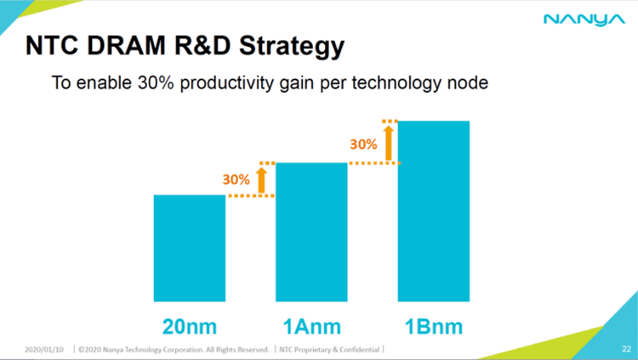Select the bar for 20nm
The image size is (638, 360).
pyautogui.click(x=189, y=247)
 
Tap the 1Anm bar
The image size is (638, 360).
pyautogui.click(x=311, y=231)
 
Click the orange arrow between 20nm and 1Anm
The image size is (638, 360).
pyautogui.click(x=261, y=179)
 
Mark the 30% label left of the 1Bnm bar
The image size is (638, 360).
pyautogui.click(x=363, y=144)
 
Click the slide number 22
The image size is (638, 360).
pyautogui.click(x=625, y=348)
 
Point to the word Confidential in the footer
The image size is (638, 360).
pyautogui.click(x=358, y=348)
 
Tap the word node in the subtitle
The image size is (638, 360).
pyautogui.click(x=470, y=86)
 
